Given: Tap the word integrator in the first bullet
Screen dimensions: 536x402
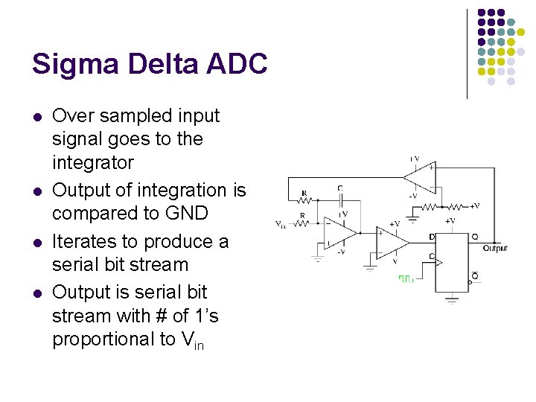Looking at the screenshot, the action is (93, 162).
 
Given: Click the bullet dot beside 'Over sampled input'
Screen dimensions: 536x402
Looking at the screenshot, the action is (36, 117).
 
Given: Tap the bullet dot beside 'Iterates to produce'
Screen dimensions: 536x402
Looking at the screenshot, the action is (36, 243).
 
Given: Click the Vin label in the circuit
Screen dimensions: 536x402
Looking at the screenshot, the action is (280, 223).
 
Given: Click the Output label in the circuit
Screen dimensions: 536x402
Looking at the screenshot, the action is (495, 248).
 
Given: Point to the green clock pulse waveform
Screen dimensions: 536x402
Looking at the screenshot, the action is (406, 278).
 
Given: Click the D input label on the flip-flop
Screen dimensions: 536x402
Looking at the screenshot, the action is (432, 237).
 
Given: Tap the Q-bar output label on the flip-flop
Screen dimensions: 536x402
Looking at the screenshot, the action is (474, 277).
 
